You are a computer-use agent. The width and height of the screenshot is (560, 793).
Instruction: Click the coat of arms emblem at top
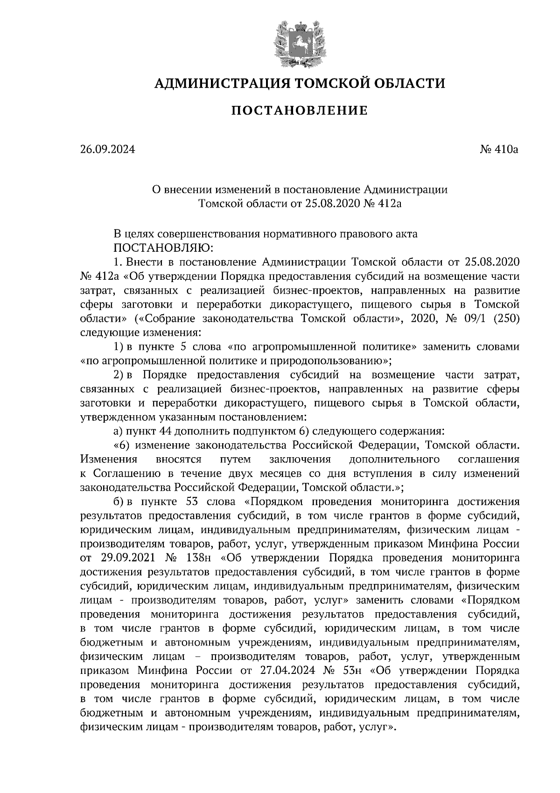tap(299, 43)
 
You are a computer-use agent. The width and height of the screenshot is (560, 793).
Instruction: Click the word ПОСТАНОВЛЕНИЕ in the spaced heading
tap(299, 111)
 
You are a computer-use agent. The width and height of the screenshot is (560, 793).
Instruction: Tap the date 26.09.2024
tap(107, 150)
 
